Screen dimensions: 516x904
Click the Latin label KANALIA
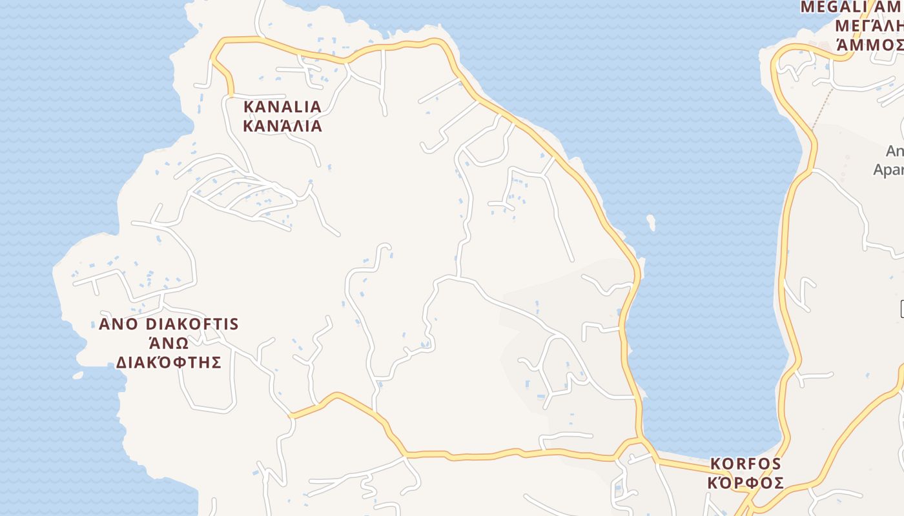coord(282,106)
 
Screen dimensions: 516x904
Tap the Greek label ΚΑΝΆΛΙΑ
coord(282,125)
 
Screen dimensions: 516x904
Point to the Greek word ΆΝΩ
coord(169,342)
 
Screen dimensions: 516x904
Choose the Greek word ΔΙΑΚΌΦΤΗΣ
coord(169,362)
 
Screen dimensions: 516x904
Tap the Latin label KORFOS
coord(746,464)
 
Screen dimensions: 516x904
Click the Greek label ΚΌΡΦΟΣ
coord(746,482)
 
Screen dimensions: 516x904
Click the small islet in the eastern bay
coord(651,223)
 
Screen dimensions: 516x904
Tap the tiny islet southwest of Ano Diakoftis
coord(77,375)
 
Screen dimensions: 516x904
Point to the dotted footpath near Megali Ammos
coord(822,107)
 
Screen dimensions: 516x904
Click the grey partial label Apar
coord(889,170)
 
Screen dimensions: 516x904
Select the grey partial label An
coord(895,151)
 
